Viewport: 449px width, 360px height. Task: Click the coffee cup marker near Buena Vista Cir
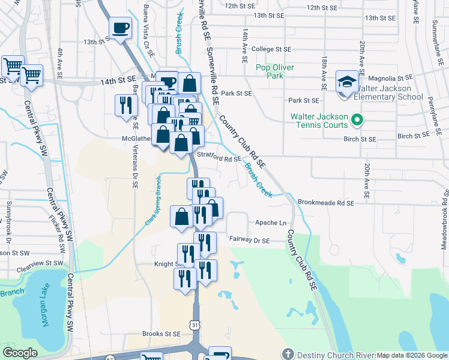click(120, 27)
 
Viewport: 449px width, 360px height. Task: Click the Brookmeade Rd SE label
click(326, 203)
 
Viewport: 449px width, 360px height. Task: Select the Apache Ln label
click(271, 222)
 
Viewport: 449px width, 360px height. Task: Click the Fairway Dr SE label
click(250, 239)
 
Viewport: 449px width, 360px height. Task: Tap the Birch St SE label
click(360, 139)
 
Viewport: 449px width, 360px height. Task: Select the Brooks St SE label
click(161, 334)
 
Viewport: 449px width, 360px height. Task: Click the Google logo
click(20, 353)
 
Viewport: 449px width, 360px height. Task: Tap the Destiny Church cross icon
click(288, 355)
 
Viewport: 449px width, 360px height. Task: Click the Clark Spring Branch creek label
click(152, 201)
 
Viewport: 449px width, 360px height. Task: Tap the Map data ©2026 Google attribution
click(411, 355)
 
